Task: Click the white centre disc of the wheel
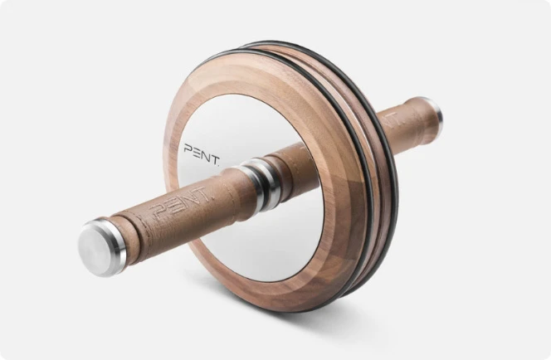(x=249, y=241)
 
